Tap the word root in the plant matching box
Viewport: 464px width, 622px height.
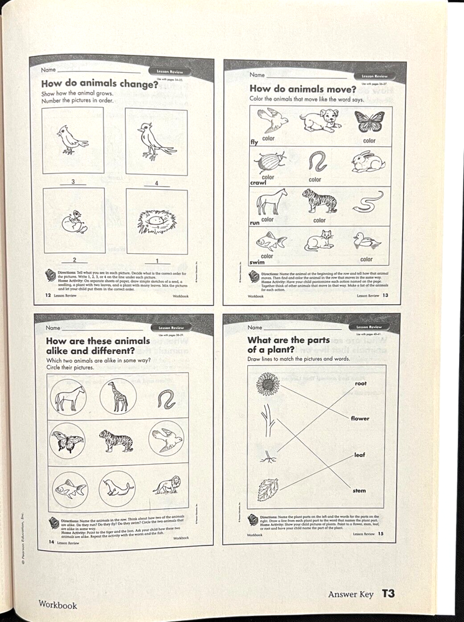click(361, 384)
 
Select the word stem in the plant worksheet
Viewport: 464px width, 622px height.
click(359, 491)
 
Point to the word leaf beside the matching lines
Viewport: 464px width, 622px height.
click(359, 455)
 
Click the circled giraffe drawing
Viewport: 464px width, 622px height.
click(117, 396)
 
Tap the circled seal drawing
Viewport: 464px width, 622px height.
click(116, 488)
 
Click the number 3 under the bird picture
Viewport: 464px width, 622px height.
click(73, 182)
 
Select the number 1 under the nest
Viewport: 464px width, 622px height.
click(157, 261)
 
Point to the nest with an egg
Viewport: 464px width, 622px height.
click(156, 221)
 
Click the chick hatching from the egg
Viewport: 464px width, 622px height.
click(75, 221)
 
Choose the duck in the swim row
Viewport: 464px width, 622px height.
click(366, 240)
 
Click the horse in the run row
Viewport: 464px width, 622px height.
click(272, 202)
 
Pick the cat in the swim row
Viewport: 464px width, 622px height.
click(319, 240)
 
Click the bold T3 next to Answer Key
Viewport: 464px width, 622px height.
click(388, 593)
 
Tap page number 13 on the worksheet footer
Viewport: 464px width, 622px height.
click(385, 295)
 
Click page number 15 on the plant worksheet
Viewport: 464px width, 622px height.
click(380, 534)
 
